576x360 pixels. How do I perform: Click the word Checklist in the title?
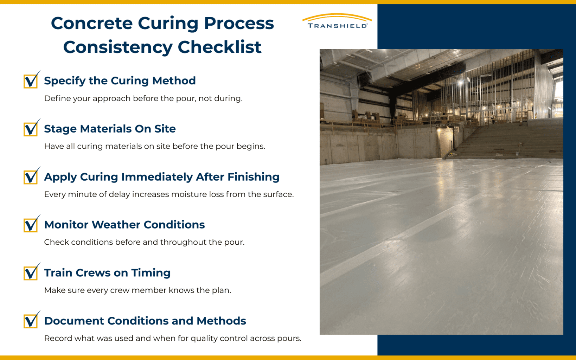pos(219,47)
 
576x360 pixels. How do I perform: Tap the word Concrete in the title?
pos(91,24)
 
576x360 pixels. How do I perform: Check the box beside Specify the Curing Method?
pos(31,81)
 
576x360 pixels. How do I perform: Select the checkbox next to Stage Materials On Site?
pos(31,129)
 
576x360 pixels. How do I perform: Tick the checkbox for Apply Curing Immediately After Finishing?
pos(31,177)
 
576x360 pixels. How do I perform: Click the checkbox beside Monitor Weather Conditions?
pos(31,225)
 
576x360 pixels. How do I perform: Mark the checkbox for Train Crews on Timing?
pos(31,273)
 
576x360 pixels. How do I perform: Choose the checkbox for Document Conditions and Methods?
pos(31,321)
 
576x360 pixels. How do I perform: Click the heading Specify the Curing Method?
pos(120,81)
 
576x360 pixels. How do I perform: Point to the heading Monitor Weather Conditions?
pos(124,225)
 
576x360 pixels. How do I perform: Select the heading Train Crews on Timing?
pos(107,273)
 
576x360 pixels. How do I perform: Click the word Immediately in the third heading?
pos(157,177)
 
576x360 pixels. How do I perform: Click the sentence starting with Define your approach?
pos(143,98)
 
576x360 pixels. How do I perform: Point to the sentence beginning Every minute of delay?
pos(168,194)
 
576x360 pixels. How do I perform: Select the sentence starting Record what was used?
pos(172,339)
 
